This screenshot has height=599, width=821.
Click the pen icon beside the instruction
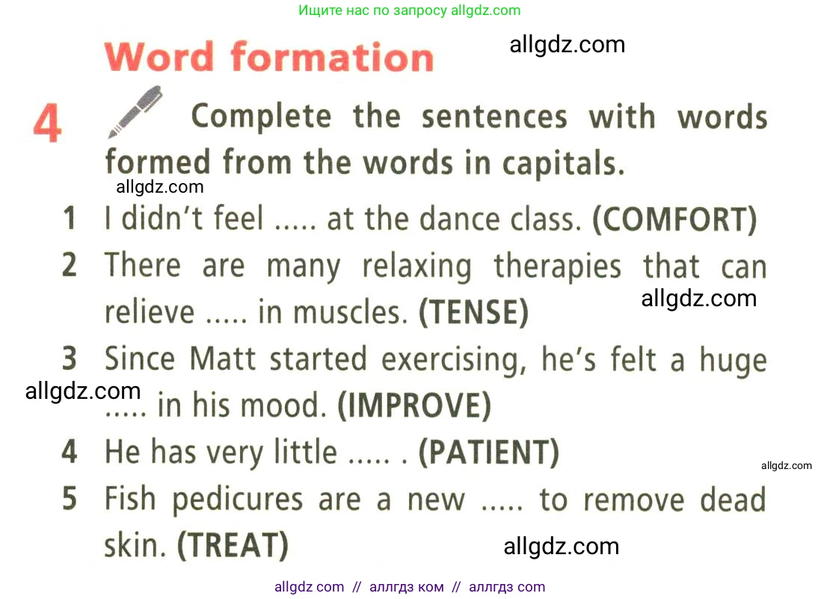tap(135, 111)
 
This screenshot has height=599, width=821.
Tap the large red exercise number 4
tap(48, 123)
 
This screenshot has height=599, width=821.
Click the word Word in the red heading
tap(159, 56)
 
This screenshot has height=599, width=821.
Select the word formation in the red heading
tap(333, 57)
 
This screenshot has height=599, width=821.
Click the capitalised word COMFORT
tap(675, 219)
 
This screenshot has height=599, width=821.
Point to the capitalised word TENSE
tap(474, 312)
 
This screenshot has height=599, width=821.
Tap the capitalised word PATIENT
tap(489, 452)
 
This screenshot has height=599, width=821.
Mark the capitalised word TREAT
tap(233, 544)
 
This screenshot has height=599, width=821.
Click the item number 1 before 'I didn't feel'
tap(70, 218)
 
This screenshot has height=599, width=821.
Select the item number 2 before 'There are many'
tap(70, 264)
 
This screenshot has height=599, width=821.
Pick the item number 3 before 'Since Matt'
tap(70, 359)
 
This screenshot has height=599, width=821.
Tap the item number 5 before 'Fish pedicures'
tap(70, 499)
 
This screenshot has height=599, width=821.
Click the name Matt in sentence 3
tap(223, 359)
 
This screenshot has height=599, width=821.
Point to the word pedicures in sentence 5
tap(238, 500)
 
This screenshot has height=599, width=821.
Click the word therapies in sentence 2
tap(558, 267)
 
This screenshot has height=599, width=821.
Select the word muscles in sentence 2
tap(350, 313)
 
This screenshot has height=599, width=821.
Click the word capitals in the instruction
tap(563, 164)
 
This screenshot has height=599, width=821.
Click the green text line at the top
tap(410, 10)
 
